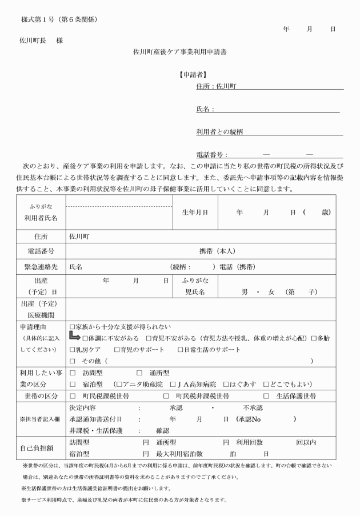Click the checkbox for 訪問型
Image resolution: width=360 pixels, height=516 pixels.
click(x=72, y=373)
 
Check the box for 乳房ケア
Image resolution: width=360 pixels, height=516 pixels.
click(x=72, y=349)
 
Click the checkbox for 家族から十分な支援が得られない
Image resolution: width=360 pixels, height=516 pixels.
click(x=72, y=326)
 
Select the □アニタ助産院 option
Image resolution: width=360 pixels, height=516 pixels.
click(x=118, y=384)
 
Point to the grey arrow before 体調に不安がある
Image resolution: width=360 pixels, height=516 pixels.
click(x=75, y=337)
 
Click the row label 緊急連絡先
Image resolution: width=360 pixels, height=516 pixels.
click(x=40, y=266)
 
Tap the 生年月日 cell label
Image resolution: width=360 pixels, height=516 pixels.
click(x=195, y=211)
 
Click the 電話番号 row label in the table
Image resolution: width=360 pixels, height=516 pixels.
click(x=40, y=251)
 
